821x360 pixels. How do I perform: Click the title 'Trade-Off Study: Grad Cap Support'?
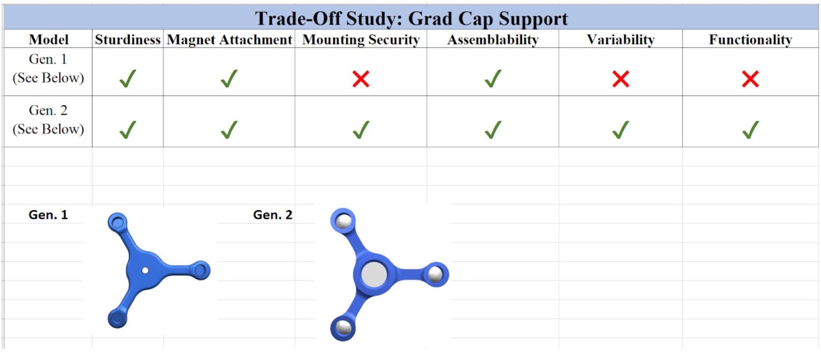click(411, 18)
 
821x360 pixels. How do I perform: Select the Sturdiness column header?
click(127, 39)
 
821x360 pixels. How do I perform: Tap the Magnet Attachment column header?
click(229, 40)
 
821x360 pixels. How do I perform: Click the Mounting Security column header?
click(361, 40)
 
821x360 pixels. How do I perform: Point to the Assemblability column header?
click(493, 40)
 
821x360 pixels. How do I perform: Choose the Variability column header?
click(620, 40)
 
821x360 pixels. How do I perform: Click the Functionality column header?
click(750, 40)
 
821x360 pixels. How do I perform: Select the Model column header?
click(48, 39)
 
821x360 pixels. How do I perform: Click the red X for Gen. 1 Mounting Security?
click(361, 79)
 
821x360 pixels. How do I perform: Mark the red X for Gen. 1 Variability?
click(620, 79)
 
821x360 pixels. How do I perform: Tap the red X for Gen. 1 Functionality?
click(750, 79)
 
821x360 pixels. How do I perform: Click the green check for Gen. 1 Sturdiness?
click(127, 79)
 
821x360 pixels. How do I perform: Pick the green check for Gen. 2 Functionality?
click(750, 130)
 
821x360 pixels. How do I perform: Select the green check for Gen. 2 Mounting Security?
click(361, 130)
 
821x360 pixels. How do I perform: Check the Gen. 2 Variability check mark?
click(620, 130)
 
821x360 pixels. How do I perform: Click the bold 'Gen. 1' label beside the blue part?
click(48, 215)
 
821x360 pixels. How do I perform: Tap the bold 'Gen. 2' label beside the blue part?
click(273, 215)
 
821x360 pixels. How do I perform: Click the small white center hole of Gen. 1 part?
click(145, 270)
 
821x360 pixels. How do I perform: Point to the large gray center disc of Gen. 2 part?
click(374, 274)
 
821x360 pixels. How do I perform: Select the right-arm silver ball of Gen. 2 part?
click(435, 274)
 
